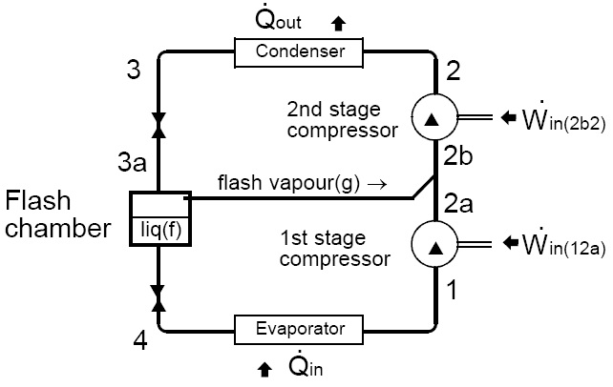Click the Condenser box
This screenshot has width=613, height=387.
click(300, 51)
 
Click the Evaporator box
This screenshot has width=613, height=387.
click(300, 329)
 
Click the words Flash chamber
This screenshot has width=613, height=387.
click(58, 214)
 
